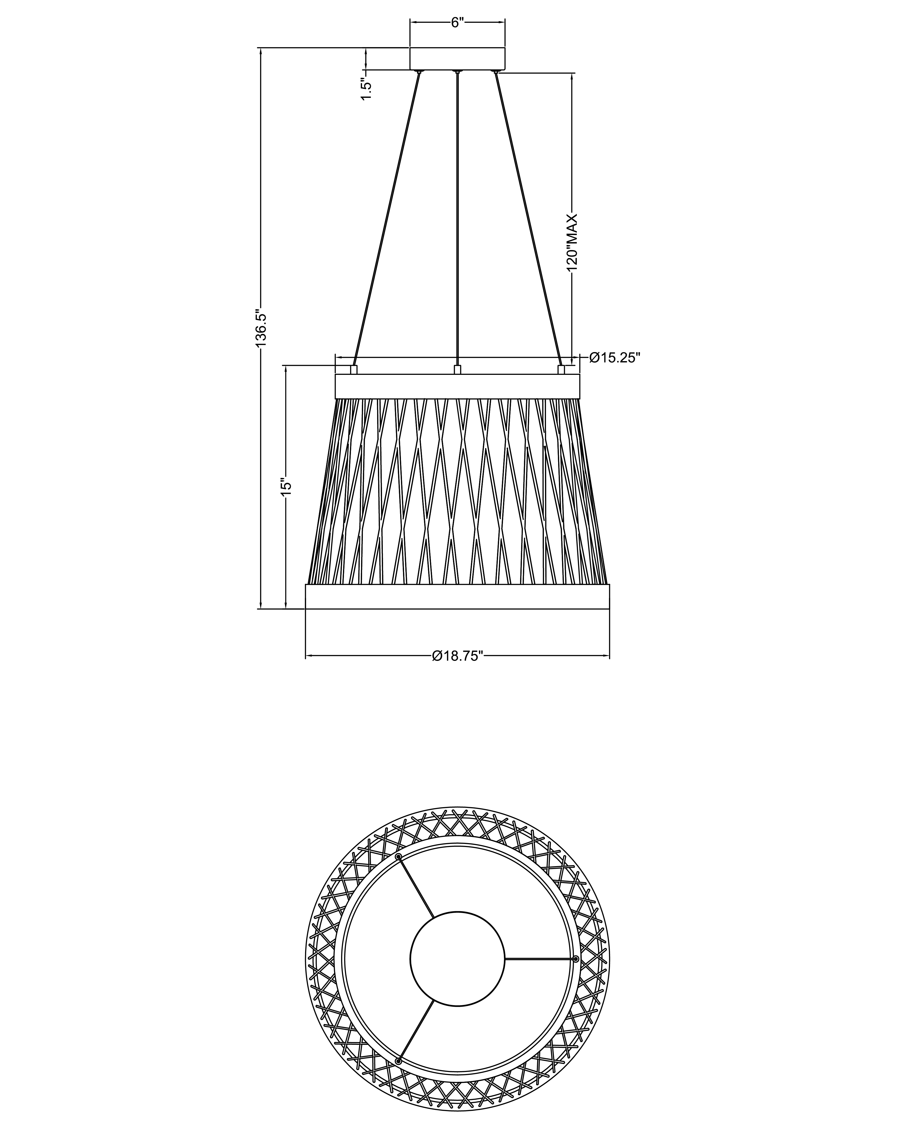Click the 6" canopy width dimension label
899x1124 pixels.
pos(457,23)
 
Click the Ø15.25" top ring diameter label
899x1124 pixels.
pos(614,358)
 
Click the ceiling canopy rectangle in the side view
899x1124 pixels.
pos(457,59)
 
